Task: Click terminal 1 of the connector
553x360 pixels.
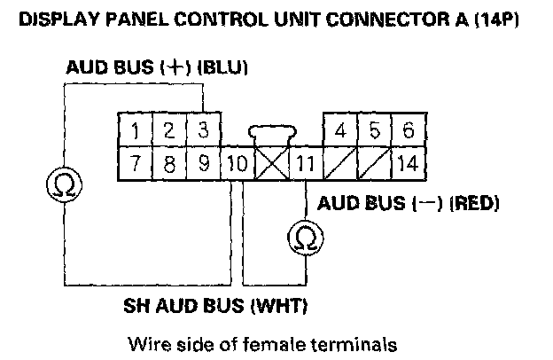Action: pos(135,130)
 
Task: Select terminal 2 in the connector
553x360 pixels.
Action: pos(168,130)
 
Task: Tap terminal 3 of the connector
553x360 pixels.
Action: pos(202,130)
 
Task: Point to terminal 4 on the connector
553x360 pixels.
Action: pos(340,130)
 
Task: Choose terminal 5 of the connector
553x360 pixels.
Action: pos(374,130)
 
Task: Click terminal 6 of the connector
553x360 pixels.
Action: pos(408,130)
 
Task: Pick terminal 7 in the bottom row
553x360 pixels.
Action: pos(135,163)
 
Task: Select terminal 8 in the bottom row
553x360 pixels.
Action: pos(168,163)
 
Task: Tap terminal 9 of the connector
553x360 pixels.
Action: pos(202,163)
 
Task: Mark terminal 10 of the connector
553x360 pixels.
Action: pos(238,163)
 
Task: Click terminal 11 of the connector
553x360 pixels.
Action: pos(304,163)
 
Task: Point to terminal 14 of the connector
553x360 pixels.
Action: pos(408,163)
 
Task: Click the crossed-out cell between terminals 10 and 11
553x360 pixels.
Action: pos(271,163)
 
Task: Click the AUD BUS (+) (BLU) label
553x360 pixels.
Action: pos(156,68)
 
